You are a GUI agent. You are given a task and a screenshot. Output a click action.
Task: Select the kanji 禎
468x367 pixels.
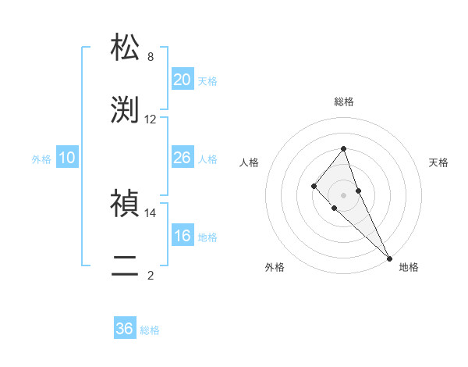coord(125,204)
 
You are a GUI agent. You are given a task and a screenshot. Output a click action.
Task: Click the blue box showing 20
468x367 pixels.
coord(182,80)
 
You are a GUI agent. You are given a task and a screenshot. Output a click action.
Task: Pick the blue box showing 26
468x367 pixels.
coord(182,158)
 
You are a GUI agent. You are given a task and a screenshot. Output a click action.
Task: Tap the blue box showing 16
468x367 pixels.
coord(182,236)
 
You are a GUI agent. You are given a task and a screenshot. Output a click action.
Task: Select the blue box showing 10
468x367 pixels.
coord(67,158)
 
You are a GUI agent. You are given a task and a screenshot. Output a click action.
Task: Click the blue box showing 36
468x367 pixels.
coord(125,329)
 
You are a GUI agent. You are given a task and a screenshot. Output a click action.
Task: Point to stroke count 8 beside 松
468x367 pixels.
coord(151,57)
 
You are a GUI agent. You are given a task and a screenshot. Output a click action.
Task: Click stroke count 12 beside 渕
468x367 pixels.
coord(151,119)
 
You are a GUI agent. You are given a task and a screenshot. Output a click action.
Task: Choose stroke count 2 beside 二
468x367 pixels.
coord(151,275)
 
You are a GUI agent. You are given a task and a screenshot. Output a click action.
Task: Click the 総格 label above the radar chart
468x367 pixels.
coord(343,102)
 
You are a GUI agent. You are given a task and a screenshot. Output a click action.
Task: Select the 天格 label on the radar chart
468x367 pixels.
coord(438,162)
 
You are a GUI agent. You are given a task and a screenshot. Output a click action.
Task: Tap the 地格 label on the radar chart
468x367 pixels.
coord(409,267)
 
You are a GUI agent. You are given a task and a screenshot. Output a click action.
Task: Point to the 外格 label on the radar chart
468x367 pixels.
coord(275,267)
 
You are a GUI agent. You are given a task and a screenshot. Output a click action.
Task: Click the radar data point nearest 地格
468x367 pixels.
coord(389,258)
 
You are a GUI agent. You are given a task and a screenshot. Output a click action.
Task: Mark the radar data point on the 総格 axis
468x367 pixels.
coord(343,148)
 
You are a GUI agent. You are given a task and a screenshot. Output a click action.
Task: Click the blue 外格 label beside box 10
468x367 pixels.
coord(41,159)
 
